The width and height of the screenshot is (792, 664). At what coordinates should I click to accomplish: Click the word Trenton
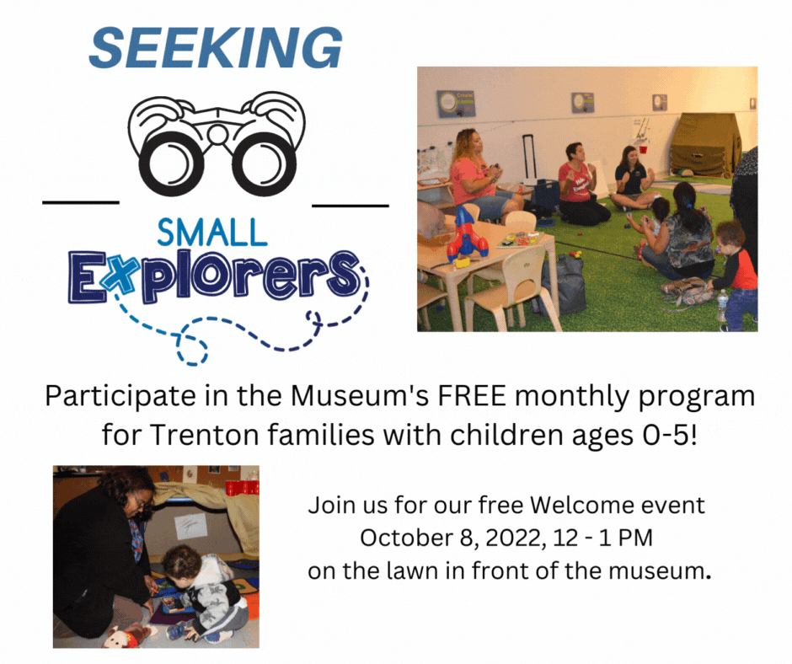(196, 436)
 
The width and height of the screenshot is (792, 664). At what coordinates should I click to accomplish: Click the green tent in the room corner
(705, 146)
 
